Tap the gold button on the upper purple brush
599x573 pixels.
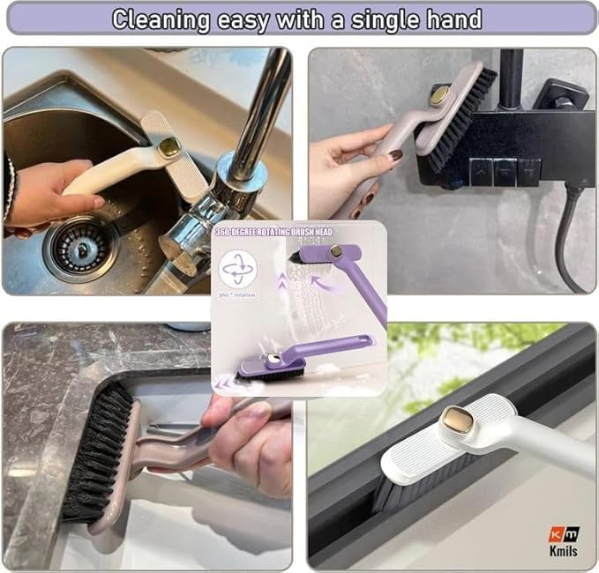pyautogui.click(x=336, y=251)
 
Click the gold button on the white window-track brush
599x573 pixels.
pyautogui.click(x=458, y=420)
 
